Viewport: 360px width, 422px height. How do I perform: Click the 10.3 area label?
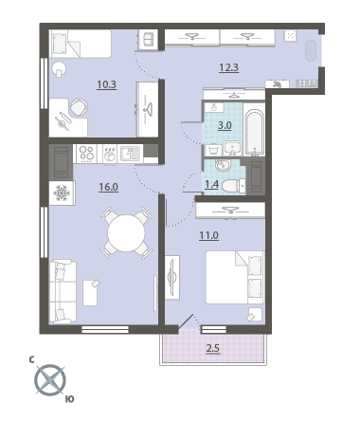pos(107,84)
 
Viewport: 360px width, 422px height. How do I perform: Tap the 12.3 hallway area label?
pos(229,67)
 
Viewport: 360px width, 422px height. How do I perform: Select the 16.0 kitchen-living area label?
pos(108,187)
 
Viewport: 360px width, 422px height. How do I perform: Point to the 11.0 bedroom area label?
pos(208,235)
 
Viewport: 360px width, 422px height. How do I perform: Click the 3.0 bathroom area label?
pos(225,126)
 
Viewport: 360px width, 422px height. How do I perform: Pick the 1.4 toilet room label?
pos(211,184)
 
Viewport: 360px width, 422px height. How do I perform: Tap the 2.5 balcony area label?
pos(213,349)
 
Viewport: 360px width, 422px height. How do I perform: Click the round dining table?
pos(126,233)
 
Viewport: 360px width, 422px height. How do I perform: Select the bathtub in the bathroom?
pos(254,132)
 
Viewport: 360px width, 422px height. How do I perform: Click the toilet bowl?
pos(233,186)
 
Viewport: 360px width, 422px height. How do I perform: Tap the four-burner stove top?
pos(86,154)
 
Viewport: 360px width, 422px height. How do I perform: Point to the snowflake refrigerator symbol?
pos(62,193)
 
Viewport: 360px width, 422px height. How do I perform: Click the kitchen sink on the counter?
pos(130,154)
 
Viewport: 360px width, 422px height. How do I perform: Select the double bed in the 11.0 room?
pos(235,277)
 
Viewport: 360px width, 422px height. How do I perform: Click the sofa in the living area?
pos(63,292)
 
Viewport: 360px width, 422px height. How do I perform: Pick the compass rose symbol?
pos(50,380)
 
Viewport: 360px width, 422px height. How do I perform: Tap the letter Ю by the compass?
pos(70,399)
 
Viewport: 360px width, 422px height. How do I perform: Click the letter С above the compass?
pos(31,359)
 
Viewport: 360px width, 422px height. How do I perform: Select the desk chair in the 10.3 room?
pos(79,107)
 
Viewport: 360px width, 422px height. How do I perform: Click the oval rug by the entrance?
pos(311,50)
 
